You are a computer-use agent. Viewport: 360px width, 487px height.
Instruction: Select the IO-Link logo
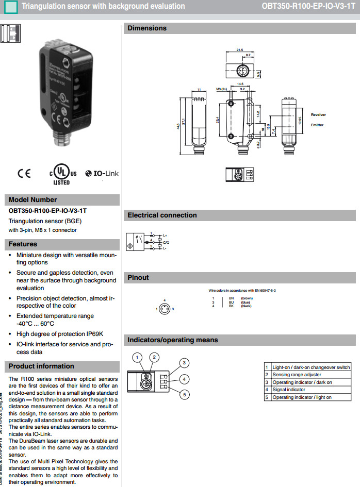click(x=102, y=174)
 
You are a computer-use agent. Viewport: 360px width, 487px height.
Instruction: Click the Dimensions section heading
click(x=147, y=28)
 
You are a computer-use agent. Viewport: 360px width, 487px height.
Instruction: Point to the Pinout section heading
click(x=138, y=278)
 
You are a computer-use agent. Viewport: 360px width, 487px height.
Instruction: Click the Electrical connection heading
click(x=162, y=215)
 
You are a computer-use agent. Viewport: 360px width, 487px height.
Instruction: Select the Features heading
click(x=23, y=244)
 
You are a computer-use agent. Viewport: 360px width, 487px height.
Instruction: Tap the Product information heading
click(x=41, y=366)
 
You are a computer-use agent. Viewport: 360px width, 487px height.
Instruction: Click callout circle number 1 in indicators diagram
click(x=137, y=357)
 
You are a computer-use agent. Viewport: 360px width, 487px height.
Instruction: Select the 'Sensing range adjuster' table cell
click(x=297, y=375)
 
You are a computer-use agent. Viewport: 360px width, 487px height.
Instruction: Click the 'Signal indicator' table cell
click(x=289, y=390)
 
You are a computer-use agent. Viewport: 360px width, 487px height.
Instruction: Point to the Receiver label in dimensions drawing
click(x=318, y=114)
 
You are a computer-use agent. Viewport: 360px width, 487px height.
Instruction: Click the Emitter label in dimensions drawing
click(x=317, y=125)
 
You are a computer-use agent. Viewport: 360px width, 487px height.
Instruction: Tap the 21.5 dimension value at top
click(x=239, y=50)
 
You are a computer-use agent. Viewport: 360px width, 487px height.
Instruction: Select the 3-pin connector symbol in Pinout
click(x=165, y=308)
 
